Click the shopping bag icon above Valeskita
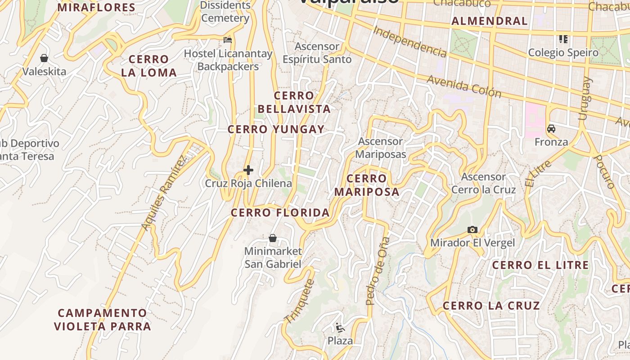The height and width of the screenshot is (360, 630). coord(44,58)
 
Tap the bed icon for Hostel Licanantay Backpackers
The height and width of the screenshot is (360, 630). coord(228,40)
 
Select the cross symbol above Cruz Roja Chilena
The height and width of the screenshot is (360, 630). coord(248,170)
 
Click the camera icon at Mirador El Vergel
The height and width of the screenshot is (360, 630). coord(472,230)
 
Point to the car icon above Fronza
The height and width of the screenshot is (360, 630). coord(551,129)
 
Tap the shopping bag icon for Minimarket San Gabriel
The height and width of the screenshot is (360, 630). coord(273,238)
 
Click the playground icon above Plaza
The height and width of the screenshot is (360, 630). coord(340,328)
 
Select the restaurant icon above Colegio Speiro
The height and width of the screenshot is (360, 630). coord(563,40)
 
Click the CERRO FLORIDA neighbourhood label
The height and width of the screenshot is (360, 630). coord(280,213)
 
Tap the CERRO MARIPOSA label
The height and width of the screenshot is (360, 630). coord(367,185)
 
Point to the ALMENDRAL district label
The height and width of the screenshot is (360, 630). coord(489,21)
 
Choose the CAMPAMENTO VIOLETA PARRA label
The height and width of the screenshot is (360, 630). coord(102,319)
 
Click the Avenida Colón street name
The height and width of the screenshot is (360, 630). coord(464,86)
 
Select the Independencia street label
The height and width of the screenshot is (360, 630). coord(410,41)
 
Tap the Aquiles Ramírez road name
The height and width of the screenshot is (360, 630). coord(163,193)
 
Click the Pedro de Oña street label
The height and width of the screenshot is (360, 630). coord(377,271)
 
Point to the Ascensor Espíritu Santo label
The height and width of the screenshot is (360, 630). coord(317,53)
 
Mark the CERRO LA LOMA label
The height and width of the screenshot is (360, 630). coord(148,66)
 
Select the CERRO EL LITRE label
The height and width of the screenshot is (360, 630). coord(540,265)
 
